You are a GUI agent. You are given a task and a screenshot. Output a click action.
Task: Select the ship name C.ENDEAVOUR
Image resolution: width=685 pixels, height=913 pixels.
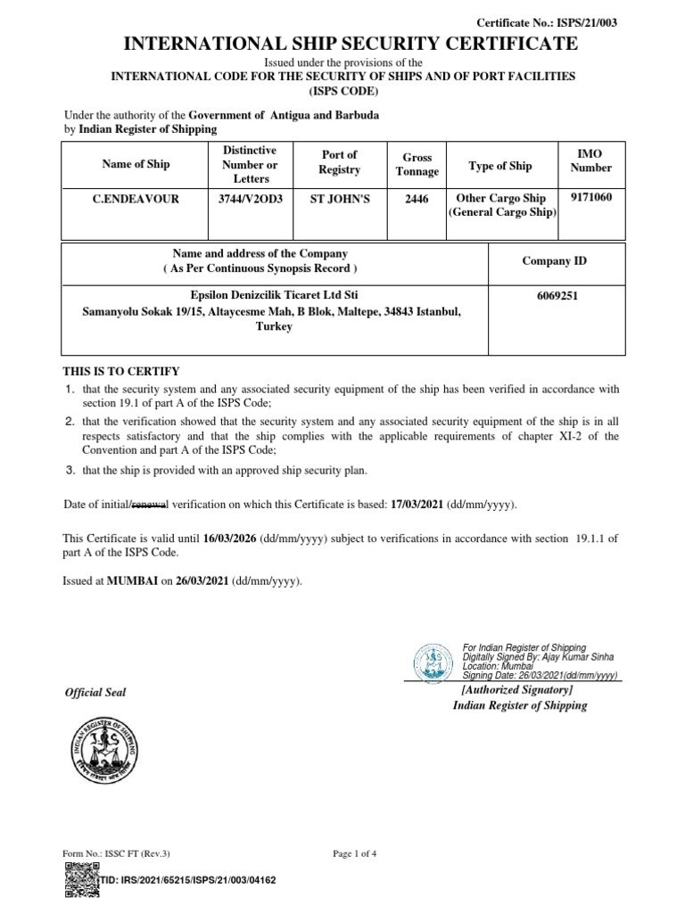pyautogui.click(x=136, y=199)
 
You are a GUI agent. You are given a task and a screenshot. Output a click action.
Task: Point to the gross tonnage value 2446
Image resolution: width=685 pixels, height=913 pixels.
pyautogui.click(x=417, y=199)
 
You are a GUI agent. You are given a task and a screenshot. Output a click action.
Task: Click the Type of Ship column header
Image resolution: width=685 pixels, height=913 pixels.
pyautogui.click(x=500, y=166)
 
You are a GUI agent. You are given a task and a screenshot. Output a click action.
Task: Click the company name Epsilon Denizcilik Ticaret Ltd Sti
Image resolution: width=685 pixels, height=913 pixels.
pyautogui.click(x=275, y=295)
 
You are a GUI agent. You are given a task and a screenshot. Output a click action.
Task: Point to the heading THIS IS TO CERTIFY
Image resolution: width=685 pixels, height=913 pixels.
pyautogui.click(x=121, y=371)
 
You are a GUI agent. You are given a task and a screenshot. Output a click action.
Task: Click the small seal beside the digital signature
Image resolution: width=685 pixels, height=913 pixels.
pyautogui.click(x=433, y=661)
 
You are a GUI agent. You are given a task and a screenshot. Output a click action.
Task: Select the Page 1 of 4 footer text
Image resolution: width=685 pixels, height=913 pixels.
pyautogui.click(x=355, y=853)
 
